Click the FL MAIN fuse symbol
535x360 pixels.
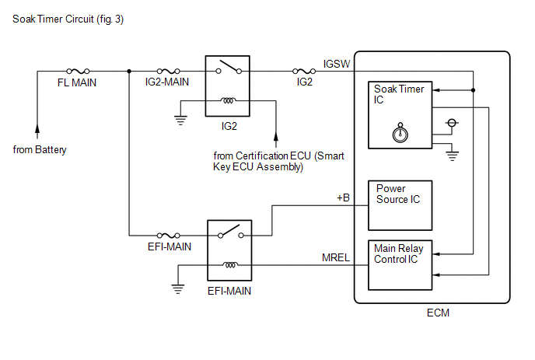pyautogui.click(x=78, y=71)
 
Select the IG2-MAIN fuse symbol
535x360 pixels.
pyautogui.click(x=168, y=71)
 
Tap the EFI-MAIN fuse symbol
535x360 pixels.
pyautogui.click(x=168, y=235)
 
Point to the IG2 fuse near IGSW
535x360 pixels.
pyautogui.click(x=304, y=71)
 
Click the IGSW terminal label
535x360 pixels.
pyautogui.click(x=337, y=64)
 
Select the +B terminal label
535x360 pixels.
pyautogui.click(x=343, y=197)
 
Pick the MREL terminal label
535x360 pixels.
pyautogui.click(x=336, y=257)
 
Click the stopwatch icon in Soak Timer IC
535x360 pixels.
pyautogui.click(x=400, y=132)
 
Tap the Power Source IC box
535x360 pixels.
pyautogui.click(x=400, y=205)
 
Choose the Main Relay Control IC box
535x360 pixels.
pyautogui.click(x=400, y=265)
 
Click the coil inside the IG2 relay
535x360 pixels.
pyautogui.click(x=228, y=100)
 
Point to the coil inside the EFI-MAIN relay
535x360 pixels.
pyautogui.click(x=230, y=265)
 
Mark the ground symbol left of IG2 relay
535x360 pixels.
pyautogui.click(x=180, y=121)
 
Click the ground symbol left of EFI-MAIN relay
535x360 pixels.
pyautogui.click(x=178, y=289)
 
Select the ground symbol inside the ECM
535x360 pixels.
pyautogui.click(x=452, y=156)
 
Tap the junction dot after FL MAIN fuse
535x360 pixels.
pyautogui.click(x=129, y=71)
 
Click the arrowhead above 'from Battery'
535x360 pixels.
pyautogui.click(x=37, y=129)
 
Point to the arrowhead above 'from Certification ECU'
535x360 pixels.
pyautogui.click(x=276, y=137)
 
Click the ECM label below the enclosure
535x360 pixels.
pyautogui.click(x=438, y=313)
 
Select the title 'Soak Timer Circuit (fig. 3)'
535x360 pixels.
pyautogui.click(x=68, y=19)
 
